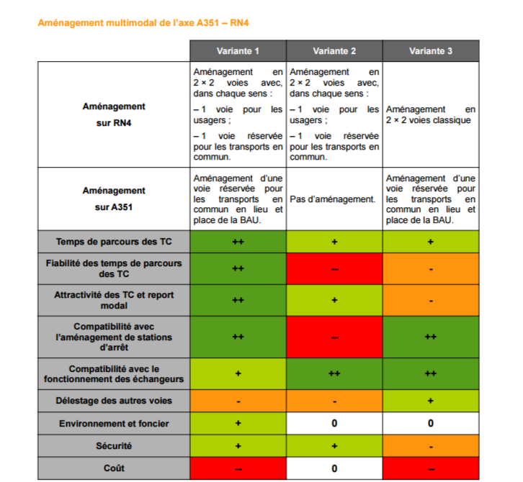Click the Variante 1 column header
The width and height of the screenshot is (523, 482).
click(x=238, y=51)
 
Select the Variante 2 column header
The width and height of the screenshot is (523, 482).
click(x=334, y=51)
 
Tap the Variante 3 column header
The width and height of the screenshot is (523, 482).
click(x=431, y=51)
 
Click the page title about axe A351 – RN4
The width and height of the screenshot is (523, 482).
click(x=143, y=23)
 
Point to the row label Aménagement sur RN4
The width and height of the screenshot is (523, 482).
click(x=114, y=114)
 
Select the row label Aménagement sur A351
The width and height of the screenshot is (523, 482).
click(x=114, y=199)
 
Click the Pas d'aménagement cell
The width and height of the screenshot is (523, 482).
click(x=334, y=199)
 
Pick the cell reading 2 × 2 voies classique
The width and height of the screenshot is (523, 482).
click(x=431, y=114)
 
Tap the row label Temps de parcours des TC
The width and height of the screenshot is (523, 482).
click(x=114, y=241)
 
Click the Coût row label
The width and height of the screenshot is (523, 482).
click(x=114, y=468)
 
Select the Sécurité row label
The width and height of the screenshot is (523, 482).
click(x=114, y=446)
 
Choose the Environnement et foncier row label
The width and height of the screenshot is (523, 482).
click(x=114, y=423)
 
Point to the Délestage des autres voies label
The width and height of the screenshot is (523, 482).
click(x=114, y=400)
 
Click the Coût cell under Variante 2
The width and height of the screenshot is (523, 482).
click(x=334, y=468)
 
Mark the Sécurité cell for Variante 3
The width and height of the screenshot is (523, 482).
click(x=431, y=446)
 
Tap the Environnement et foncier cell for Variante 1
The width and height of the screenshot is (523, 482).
click(x=238, y=423)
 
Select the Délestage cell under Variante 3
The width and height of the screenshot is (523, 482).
click(x=431, y=400)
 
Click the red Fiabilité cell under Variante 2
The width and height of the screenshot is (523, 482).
click(x=334, y=268)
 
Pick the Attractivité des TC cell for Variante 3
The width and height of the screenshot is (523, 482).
click(x=431, y=300)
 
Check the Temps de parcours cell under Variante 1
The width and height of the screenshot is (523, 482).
click(x=238, y=241)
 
